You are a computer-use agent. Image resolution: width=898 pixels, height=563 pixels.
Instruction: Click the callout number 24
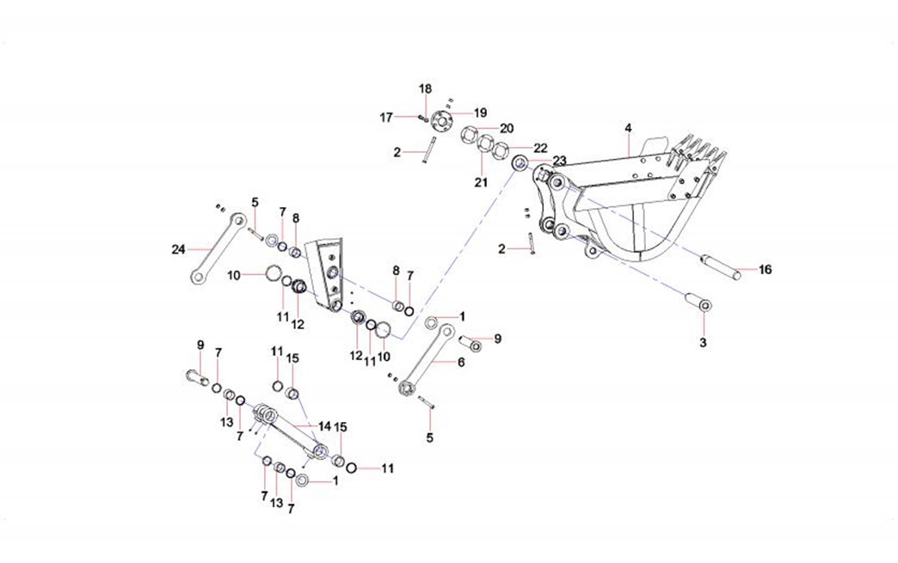pyautogui.click(x=178, y=250)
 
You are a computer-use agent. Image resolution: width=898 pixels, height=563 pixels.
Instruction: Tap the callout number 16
pyautogui.click(x=765, y=270)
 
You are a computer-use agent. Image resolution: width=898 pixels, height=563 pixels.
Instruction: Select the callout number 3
pyautogui.click(x=703, y=343)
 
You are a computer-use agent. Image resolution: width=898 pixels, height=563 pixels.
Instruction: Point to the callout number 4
pyautogui.click(x=628, y=128)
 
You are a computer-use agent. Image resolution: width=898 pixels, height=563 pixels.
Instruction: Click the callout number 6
pyautogui.click(x=460, y=363)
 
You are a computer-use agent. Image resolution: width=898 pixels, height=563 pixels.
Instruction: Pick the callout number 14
pyautogui.click(x=324, y=425)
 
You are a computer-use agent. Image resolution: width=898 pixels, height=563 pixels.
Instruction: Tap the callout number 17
pyautogui.click(x=387, y=117)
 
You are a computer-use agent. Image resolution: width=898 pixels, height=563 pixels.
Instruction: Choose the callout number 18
pyautogui.click(x=425, y=89)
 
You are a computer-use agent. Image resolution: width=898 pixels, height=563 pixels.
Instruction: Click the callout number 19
pyautogui.click(x=480, y=113)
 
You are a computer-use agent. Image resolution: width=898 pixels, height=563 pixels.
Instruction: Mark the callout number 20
pyautogui.click(x=507, y=128)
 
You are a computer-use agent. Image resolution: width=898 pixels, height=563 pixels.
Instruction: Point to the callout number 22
pyautogui.click(x=540, y=148)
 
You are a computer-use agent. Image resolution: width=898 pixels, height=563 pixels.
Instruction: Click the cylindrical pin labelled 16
pyautogui.click(x=721, y=263)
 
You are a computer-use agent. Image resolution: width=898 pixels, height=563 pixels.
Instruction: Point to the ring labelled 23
pyautogui.click(x=520, y=163)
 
